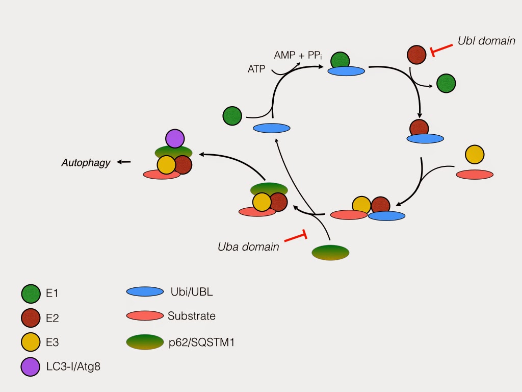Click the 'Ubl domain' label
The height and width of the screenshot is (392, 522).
[x=486, y=41]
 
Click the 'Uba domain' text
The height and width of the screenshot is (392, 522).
[x=248, y=247]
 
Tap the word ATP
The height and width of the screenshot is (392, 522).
[x=256, y=69]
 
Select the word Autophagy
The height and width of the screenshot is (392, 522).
[x=86, y=163]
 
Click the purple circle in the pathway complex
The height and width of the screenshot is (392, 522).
[x=174, y=138]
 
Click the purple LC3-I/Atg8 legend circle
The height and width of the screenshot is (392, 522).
[x=31, y=366]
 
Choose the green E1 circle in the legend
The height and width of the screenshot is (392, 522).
[x=31, y=293]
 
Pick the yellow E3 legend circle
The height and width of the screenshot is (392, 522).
[x=31, y=342]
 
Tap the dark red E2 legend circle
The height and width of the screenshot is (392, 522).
[x=31, y=318]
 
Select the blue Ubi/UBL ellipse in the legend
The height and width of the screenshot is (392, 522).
[x=145, y=291]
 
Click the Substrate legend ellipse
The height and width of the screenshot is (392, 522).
[x=145, y=316]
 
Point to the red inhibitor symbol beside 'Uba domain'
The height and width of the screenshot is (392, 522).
[x=296, y=237]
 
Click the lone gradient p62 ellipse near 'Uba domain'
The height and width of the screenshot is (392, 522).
[x=330, y=253]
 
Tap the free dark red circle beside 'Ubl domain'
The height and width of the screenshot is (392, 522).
[x=416, y=54]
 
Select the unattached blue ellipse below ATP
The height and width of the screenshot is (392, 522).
[x=272, y=128]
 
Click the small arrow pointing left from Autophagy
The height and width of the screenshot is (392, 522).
[x=124, y=162]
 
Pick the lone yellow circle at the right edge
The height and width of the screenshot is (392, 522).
[x=475, y=154]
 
